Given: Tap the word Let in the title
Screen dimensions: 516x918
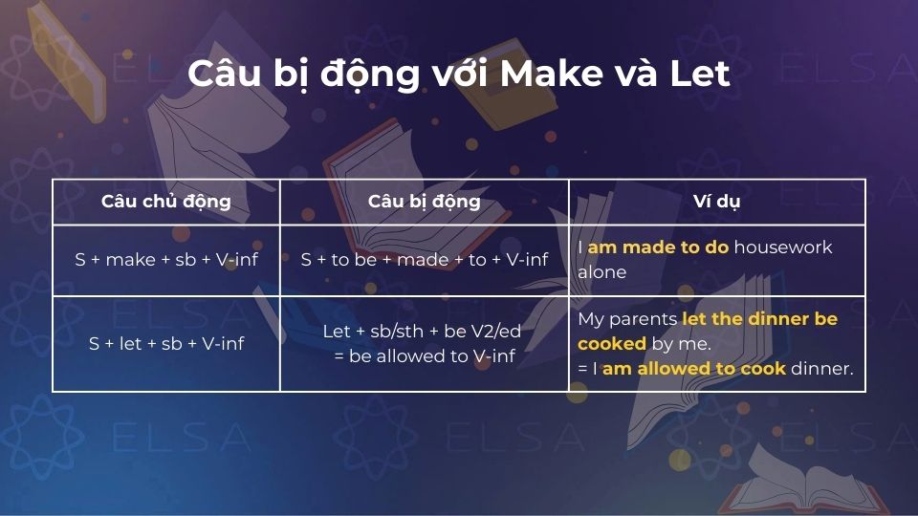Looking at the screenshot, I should (699, 75).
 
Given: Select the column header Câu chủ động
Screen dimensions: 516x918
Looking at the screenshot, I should (166, 202).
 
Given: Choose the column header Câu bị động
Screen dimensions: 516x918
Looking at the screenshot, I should (424, 202).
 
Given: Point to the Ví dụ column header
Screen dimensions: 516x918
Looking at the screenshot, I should (716, 202).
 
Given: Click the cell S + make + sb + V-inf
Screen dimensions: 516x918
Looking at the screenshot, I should (166, 259).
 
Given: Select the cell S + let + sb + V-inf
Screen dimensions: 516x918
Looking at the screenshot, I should (166, 343).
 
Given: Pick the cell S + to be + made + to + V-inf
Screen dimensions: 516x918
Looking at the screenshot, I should (424, 259).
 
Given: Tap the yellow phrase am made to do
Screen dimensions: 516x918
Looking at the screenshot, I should (658, 247).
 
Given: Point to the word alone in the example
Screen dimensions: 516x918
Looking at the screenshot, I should (601, 272).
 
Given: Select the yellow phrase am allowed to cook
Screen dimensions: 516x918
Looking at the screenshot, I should (693, 369).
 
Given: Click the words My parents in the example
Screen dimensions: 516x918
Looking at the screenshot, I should (627, 319).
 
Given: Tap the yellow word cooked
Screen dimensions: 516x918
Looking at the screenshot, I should (612, 344).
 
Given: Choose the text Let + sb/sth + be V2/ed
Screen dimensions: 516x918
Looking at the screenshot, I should (424, 331).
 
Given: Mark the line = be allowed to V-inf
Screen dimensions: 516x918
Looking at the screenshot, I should (424, 355).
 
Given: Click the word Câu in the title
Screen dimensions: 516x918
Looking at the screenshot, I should (228, 75).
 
